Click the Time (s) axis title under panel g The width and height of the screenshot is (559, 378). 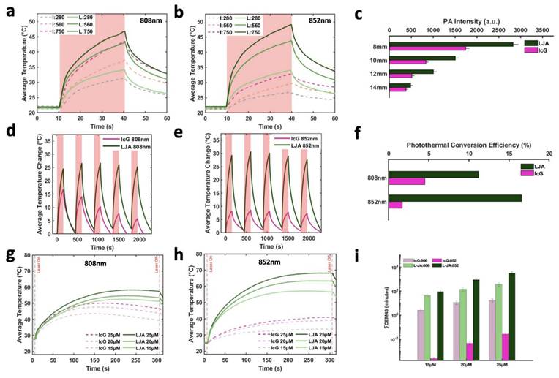[97, 371]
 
